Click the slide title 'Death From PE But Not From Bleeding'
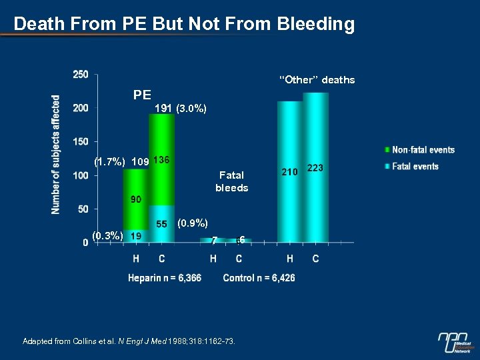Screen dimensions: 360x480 184,25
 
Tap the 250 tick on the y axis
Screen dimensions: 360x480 80,74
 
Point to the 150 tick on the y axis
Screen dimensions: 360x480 80,141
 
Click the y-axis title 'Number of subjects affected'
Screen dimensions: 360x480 56,154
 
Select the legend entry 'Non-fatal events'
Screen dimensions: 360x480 423,150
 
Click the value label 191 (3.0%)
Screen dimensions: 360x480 180,108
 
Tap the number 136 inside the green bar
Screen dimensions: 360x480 162,160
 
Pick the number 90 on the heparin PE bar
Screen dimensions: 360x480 135,199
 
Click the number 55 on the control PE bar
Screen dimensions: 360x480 161,225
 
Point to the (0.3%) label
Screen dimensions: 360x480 107,235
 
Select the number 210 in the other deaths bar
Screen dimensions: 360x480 289,172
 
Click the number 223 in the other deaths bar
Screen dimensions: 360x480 315,169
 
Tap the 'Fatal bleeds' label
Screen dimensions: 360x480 231,181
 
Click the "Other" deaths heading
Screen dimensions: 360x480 317,80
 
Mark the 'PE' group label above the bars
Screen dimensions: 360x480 142,95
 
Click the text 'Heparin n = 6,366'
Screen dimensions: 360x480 165,277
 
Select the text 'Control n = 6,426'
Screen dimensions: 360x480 259,277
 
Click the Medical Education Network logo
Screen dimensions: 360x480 456,342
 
